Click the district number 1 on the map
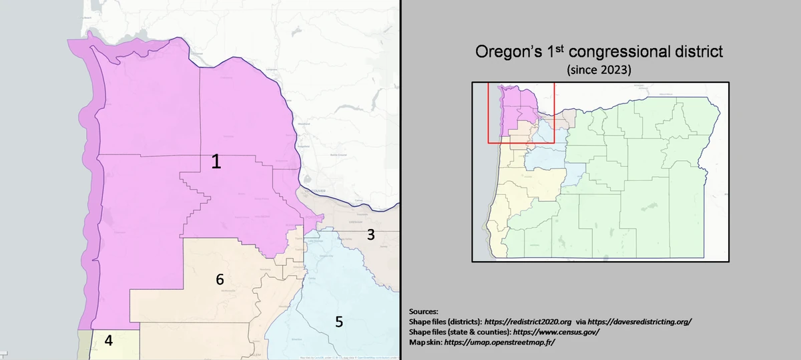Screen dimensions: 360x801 pos(216,161)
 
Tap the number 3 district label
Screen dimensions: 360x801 pos(371,234)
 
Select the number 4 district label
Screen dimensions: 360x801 pos(108,341)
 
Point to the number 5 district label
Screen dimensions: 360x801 pos(339,322)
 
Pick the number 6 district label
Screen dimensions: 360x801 pos(220,280)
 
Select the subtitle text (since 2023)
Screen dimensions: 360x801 pos(599,69)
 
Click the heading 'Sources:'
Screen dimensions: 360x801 pos(423,311)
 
